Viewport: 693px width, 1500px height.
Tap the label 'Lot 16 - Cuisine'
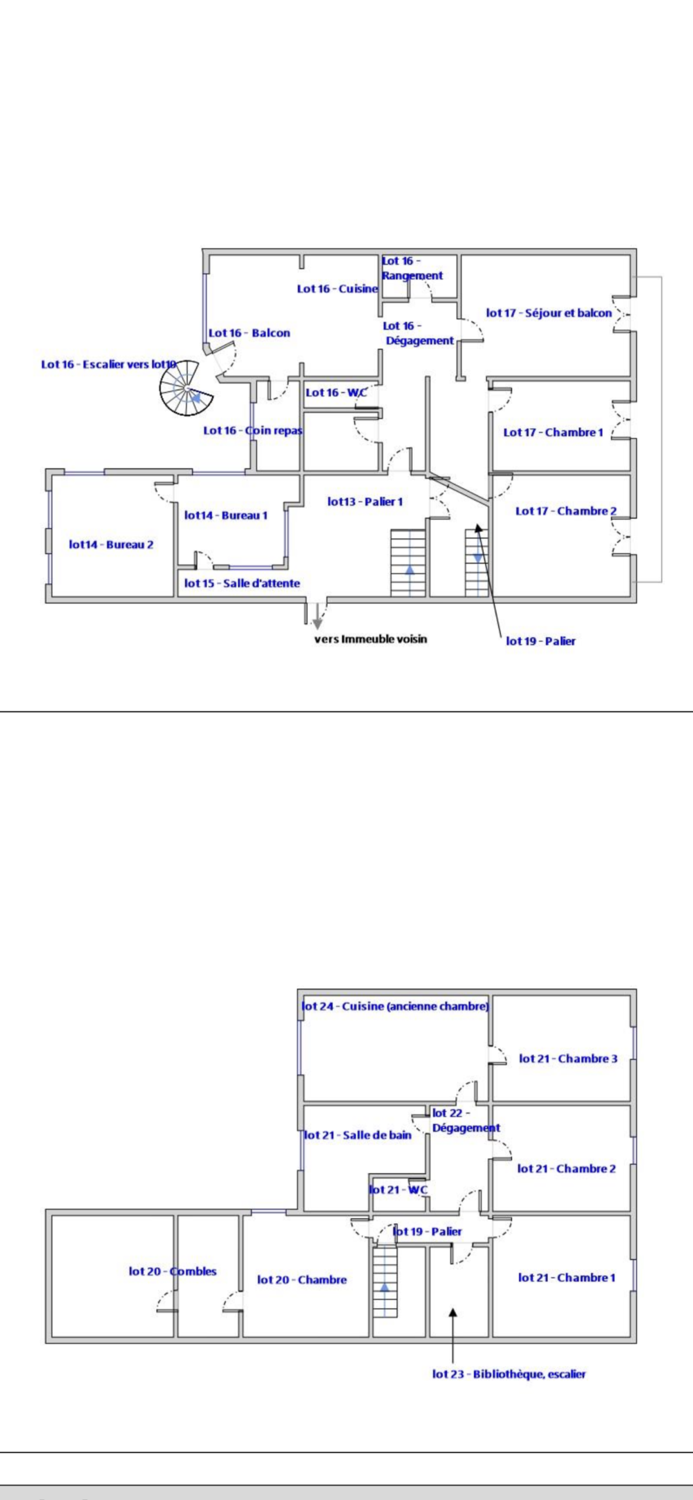pyautogui.click(x=337, y=289)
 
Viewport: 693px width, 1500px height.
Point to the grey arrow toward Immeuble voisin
pyautogui.click(x=317, y=616)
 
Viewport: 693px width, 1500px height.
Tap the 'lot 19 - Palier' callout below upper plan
pyautogui.click(x=540, y=642)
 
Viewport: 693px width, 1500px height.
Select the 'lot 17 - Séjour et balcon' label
pyautogui.click(x=549, y=313)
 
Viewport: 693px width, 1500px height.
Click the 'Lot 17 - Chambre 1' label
pyautogui.click(x=553, y=433)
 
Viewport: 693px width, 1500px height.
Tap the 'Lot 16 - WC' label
pyautogui.click(x=336, y=393)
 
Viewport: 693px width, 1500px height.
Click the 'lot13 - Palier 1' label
pyautogui.click(x=365, y=502)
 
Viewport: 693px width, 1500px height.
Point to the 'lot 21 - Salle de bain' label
pyautogui.click(x=358, y=1135)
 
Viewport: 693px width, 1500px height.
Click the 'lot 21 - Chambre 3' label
pyautogui.click(x=568, y=1059)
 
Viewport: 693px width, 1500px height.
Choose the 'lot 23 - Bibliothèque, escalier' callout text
pyautogui.click(x=509, y=1374)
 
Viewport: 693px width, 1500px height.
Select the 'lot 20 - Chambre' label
pyautogui.click(x=302, y=1280)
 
